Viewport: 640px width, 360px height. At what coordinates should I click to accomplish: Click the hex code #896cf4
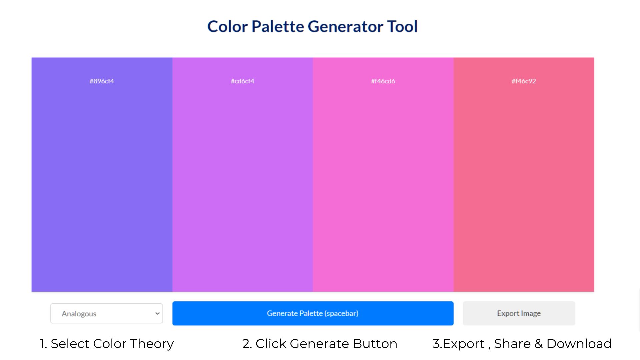pos(102,81)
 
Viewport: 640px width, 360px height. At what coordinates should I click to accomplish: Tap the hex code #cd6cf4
pos(242,81)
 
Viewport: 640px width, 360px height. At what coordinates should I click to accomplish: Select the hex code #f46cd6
pos(383,81)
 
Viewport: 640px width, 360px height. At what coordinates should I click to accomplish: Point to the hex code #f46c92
pos(524,81)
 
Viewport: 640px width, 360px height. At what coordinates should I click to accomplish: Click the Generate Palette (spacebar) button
pos(313,313)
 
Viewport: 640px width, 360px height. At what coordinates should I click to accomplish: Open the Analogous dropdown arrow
pos(157,313)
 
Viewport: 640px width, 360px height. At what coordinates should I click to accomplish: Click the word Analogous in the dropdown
pos(79,314)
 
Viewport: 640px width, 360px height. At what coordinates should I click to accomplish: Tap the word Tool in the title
pos(402,26)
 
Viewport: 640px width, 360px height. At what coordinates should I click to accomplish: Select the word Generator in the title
pos(345,26)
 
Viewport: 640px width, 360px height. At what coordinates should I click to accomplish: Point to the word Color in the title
pos(228,26)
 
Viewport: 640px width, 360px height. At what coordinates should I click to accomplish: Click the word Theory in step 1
pos(152,344)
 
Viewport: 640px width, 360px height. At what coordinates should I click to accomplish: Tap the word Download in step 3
pos(579,344)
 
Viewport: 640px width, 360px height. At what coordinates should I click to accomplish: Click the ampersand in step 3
pos(539,344)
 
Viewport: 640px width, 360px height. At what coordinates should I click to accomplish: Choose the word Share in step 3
pos(512,344)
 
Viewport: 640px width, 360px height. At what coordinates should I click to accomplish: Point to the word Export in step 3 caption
pos(463,344)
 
